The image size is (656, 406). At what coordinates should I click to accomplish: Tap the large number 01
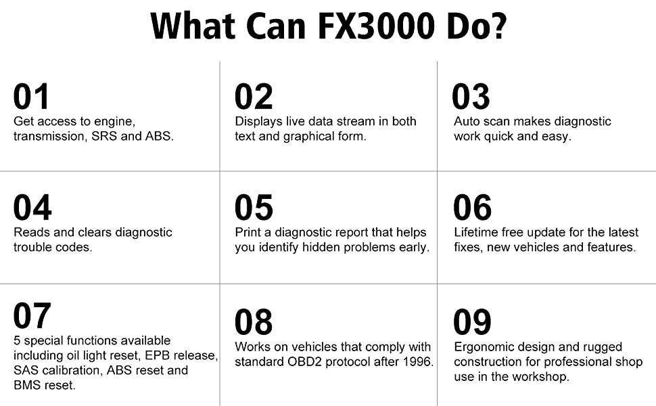point(31,97)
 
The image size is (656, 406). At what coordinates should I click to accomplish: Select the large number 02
point(254,97)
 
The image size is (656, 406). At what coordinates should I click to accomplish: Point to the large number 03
point(471,97)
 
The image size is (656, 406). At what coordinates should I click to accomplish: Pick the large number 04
point(32,208)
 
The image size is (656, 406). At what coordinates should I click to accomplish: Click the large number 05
point(254,208)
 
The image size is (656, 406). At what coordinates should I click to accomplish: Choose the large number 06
point(471,208)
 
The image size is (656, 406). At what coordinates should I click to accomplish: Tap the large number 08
point(254,323)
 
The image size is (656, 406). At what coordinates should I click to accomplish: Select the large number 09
point(471,323)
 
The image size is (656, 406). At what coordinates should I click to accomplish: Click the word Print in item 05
point(248,232)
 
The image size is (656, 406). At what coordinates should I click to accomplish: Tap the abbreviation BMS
point(28,385)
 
